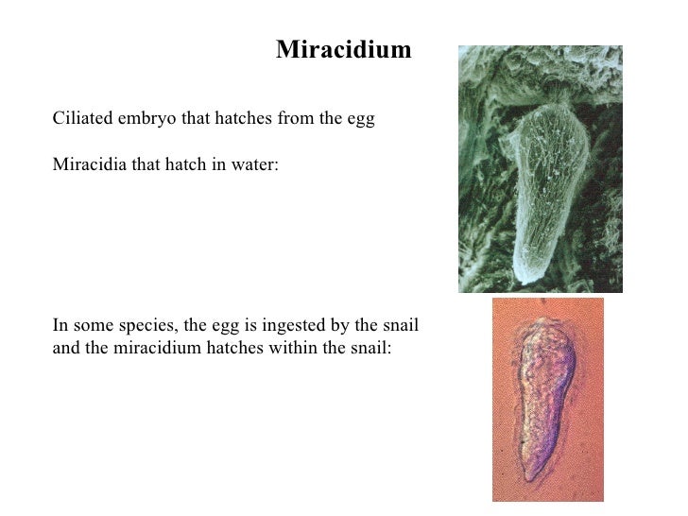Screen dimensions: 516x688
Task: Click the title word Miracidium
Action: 343,50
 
